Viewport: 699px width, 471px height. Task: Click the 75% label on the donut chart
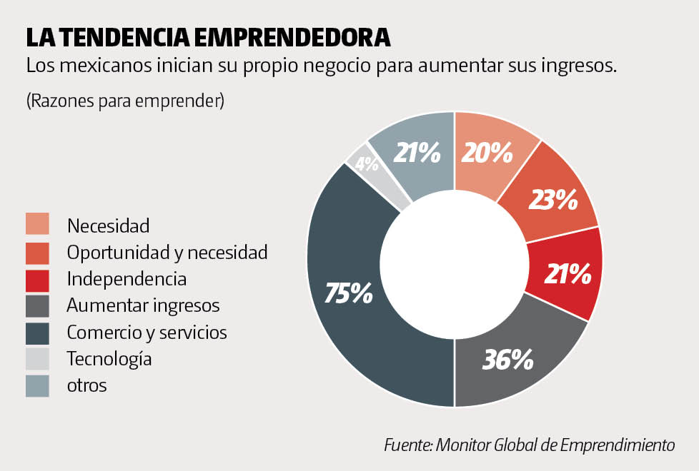click(x=349, y=293)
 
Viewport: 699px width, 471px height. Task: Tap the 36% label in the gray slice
click(x=508, y=359)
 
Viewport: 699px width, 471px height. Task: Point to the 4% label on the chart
click(x=367, y=164)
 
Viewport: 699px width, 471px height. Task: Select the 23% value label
click(x=552, y=201)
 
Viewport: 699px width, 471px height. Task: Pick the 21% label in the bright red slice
click(x=567, y=273)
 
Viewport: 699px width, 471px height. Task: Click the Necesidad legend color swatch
click(x=37, y=224)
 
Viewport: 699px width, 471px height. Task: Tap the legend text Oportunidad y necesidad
click(x=167, y=252)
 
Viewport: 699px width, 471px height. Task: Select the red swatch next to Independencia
click(x=37, y=279)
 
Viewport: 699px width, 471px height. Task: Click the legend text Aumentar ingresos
click(x=143, y=306)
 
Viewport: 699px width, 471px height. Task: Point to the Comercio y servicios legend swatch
click(x=37, y=333)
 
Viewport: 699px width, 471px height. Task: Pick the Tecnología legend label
click(x=109, y=359)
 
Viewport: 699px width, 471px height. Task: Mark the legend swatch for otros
click(x=37, y=385)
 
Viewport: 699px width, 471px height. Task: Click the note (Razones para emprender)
click(x=125, y=101)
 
